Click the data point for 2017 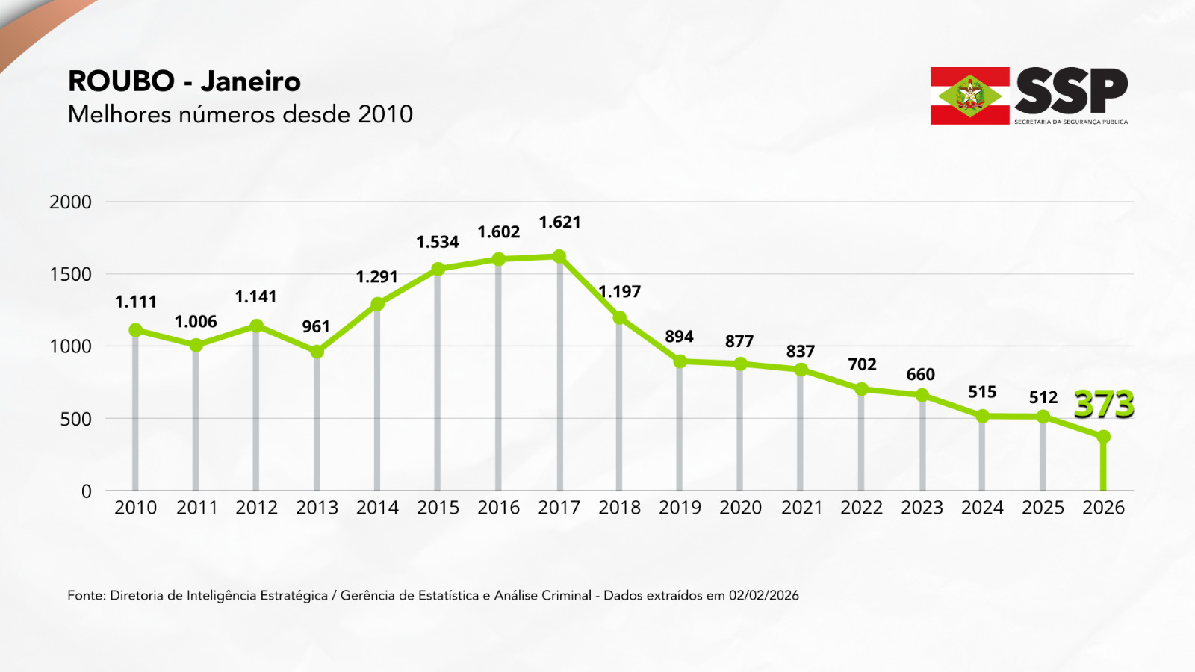click(x=559, y=257)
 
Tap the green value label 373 click(x=1104, y=405)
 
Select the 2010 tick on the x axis click(x=136, y=508)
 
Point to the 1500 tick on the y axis click(x=71, y=274)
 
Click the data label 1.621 click(x=559, y=222)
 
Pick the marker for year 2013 click(x=317, y=352)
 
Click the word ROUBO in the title click(x=121, y=81)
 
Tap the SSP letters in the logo click(x=1071, y=91)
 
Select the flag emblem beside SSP click(x=969, y=96)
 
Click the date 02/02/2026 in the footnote click(x=763, y=595)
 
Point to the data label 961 click(x=316, y=326)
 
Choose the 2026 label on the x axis click(x=1103, y=508)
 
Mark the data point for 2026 click(x=1103, y=437)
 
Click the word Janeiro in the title click(x=250, y=81)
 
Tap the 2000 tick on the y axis click(x=71, y=202)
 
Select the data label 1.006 click(x=196, y=322)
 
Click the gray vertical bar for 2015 click(x=438, y=381)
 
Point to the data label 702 click(x=862, y=364)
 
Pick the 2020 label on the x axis click(x=740, y=508)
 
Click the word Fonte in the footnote click(x=84, y=595)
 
